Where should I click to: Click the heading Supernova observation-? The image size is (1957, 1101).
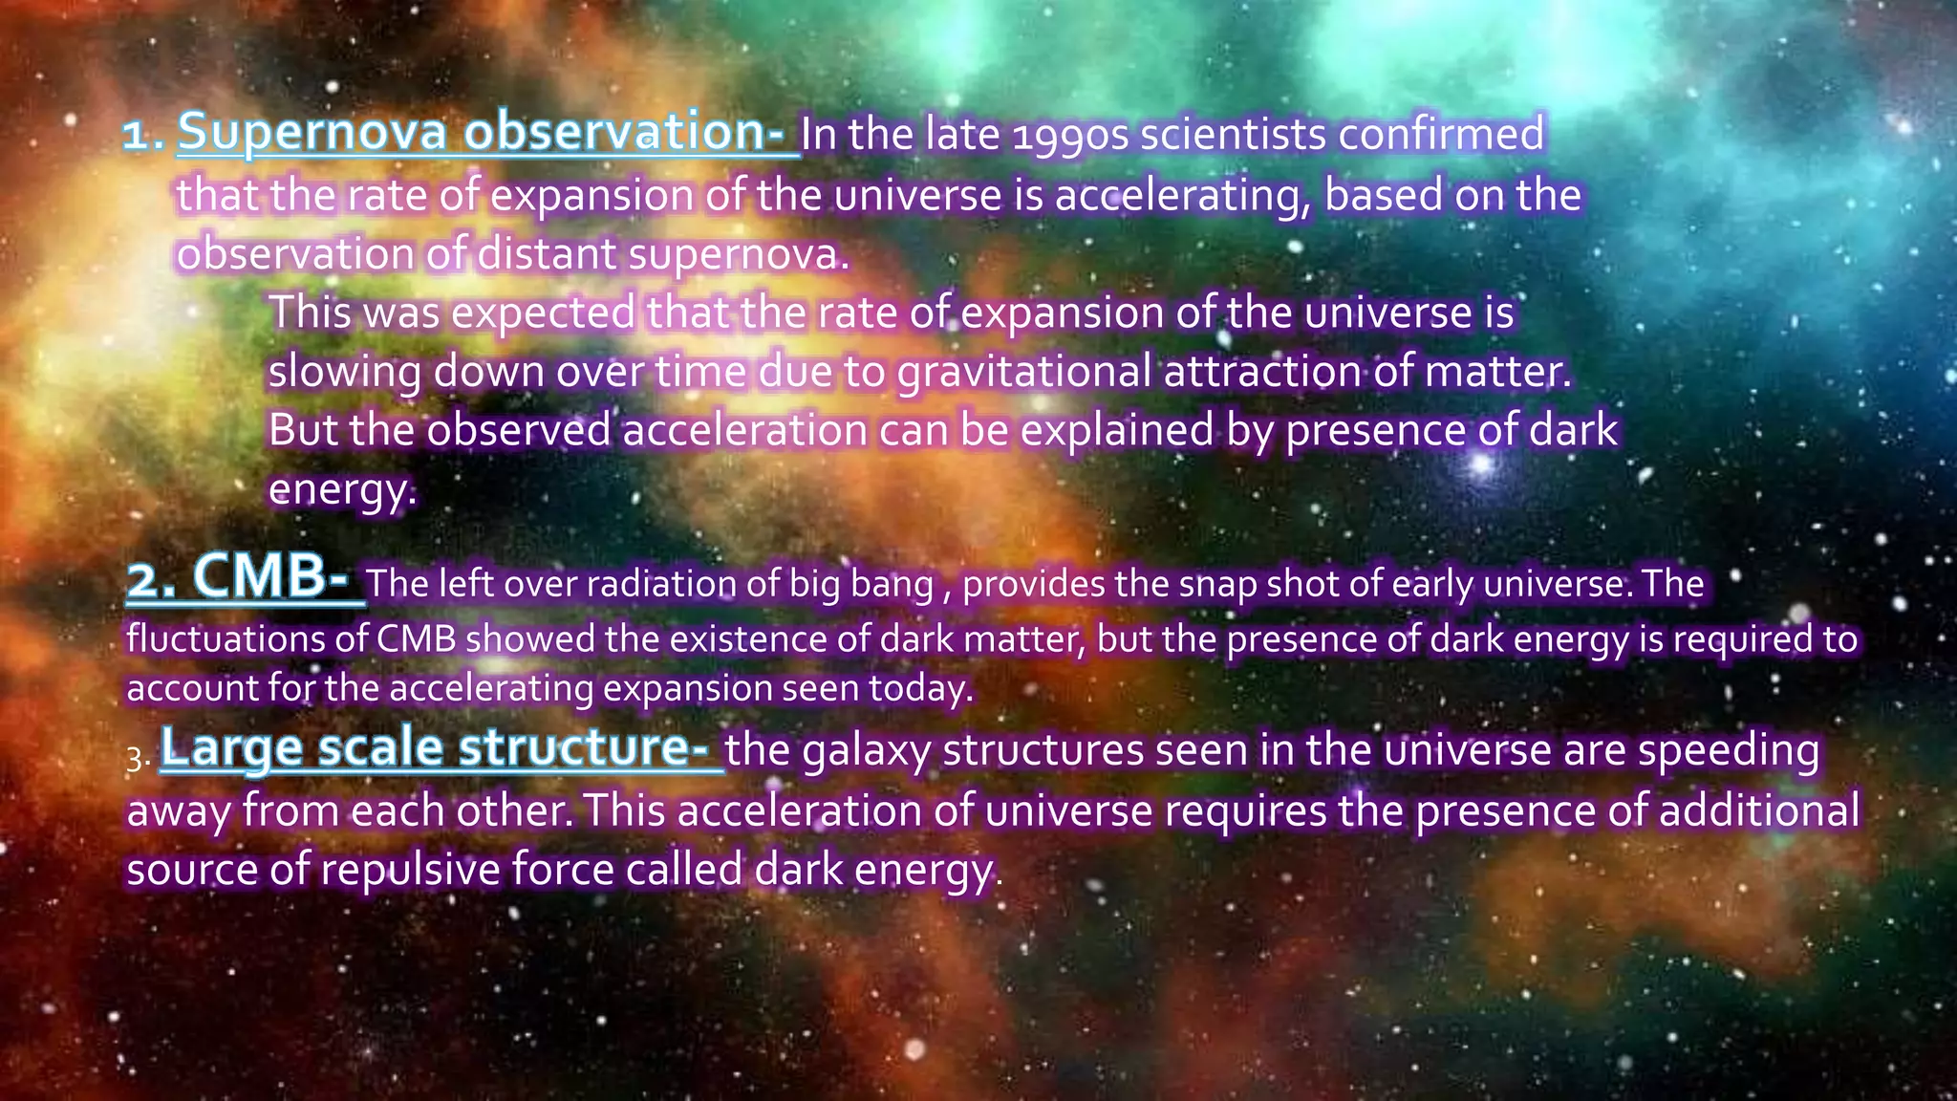coord(487,132)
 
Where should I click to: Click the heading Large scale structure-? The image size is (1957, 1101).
coord(440,748)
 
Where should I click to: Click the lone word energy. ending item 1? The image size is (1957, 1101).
coord(342,490)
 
